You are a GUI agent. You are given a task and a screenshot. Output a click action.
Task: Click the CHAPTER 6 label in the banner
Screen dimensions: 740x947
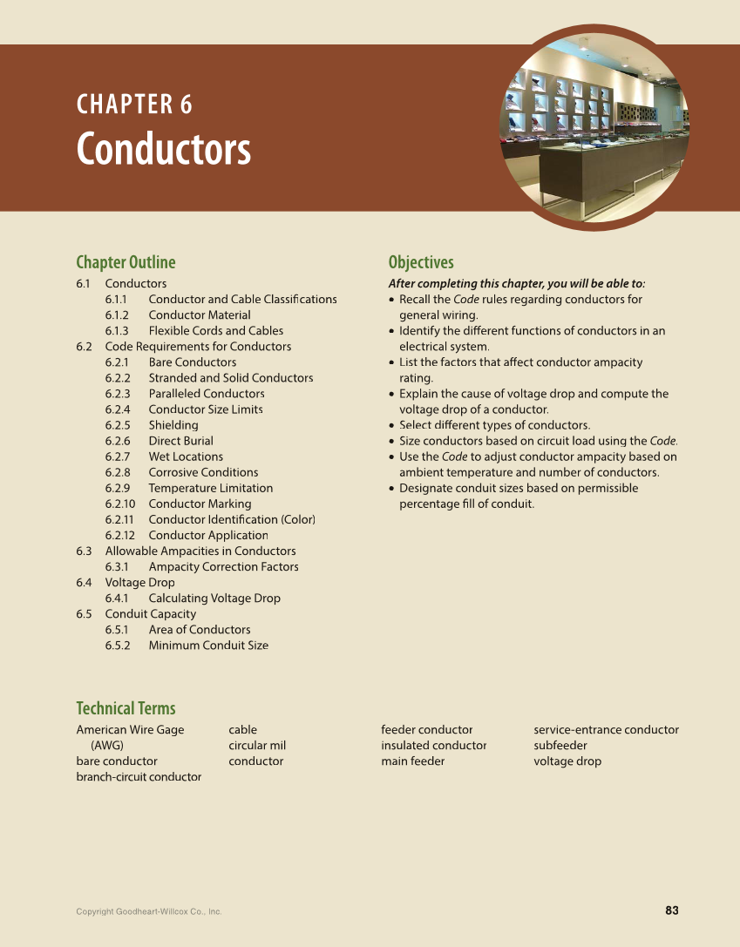click(x=134, y=105)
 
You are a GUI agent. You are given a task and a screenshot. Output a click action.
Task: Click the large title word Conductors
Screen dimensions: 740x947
click(x=163, y=149)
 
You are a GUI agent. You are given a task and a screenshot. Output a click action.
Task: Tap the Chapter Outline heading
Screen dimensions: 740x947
click(x=126, y=262)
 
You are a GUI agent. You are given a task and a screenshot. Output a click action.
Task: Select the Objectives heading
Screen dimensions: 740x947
click(x=421, y=262)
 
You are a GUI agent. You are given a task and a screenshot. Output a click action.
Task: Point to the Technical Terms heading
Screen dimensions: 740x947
click(x=126, y=708)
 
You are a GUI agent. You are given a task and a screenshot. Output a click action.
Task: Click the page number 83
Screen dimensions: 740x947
click(x=671, y=910)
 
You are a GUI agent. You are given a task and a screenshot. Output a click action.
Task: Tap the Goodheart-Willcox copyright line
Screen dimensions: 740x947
click(x=148, y=912)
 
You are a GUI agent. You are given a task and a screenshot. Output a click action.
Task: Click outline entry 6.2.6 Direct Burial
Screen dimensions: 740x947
click(x=180, y=441)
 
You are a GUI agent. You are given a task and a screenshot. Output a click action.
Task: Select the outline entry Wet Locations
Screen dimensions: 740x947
click(x=186, y=457)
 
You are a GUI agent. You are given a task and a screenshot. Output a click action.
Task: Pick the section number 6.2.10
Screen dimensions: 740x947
click(x=120, y=504)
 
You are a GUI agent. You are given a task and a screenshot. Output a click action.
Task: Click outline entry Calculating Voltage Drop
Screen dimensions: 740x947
click(x=214, y=599)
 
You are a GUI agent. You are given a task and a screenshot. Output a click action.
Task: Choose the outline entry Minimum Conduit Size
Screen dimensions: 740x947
click(x=208, y=646)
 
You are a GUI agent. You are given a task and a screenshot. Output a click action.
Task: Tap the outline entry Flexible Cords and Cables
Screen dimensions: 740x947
click(x=215, y=331)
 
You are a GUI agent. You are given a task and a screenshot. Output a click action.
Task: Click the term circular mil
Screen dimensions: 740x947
click(x=257, y=746)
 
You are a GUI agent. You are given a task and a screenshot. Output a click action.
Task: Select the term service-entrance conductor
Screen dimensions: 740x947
click(x=606, y=730)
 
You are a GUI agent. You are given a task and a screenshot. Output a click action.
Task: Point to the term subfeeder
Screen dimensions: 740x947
click(x=560, y=746)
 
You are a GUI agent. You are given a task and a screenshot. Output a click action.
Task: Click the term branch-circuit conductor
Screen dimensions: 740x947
click(x=139, y=777)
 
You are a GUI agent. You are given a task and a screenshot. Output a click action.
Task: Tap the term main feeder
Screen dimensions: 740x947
click(x=412, y=761)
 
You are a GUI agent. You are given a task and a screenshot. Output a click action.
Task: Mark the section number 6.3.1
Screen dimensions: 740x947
click(x=117, y=567)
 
